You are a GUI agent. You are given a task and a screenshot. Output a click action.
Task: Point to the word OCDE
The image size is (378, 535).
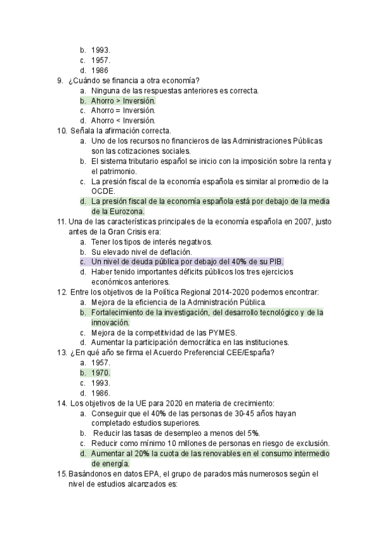(x=103, y=191)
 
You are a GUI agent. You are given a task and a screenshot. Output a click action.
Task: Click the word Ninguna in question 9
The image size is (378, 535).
(x=106, y=90)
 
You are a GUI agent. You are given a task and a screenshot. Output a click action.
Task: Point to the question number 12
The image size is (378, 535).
(x=61, y=292)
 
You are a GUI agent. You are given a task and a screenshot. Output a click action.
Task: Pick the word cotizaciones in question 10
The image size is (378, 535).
(x=127, y=151)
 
